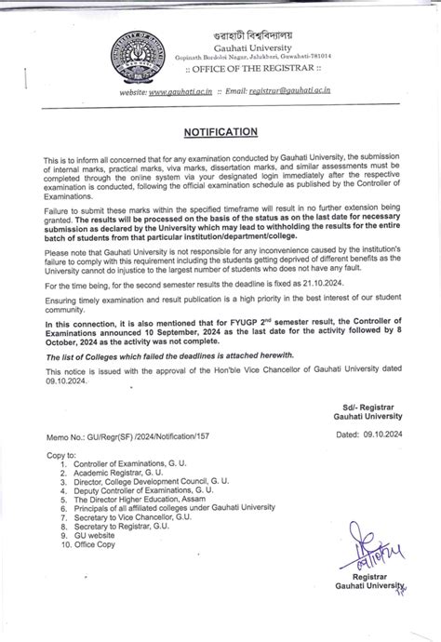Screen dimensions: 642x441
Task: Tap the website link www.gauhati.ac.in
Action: pos(181,90)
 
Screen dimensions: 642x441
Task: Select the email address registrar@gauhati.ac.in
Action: pos(290,90)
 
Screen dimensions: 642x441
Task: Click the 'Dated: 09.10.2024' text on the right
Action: pos(367,434)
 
